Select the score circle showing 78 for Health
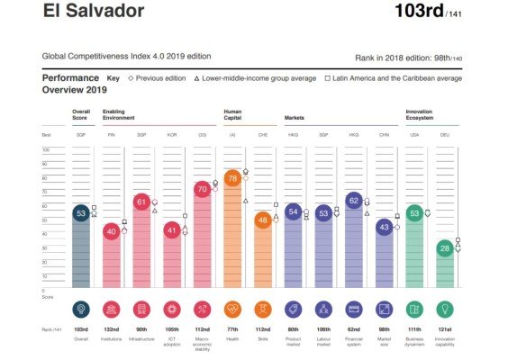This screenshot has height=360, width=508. [232, 178]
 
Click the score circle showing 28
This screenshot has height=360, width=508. [444, 247]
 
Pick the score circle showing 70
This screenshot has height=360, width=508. [202, 190]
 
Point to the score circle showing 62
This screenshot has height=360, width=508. [354, 201]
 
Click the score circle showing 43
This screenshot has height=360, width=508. [384, 227]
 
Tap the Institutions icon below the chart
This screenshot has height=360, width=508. [111, 310]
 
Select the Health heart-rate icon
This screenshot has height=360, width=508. [232, 310]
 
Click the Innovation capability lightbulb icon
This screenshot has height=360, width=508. [444, 310]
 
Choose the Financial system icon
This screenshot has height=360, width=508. [354, 310]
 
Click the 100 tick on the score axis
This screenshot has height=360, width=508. [45, 164]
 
